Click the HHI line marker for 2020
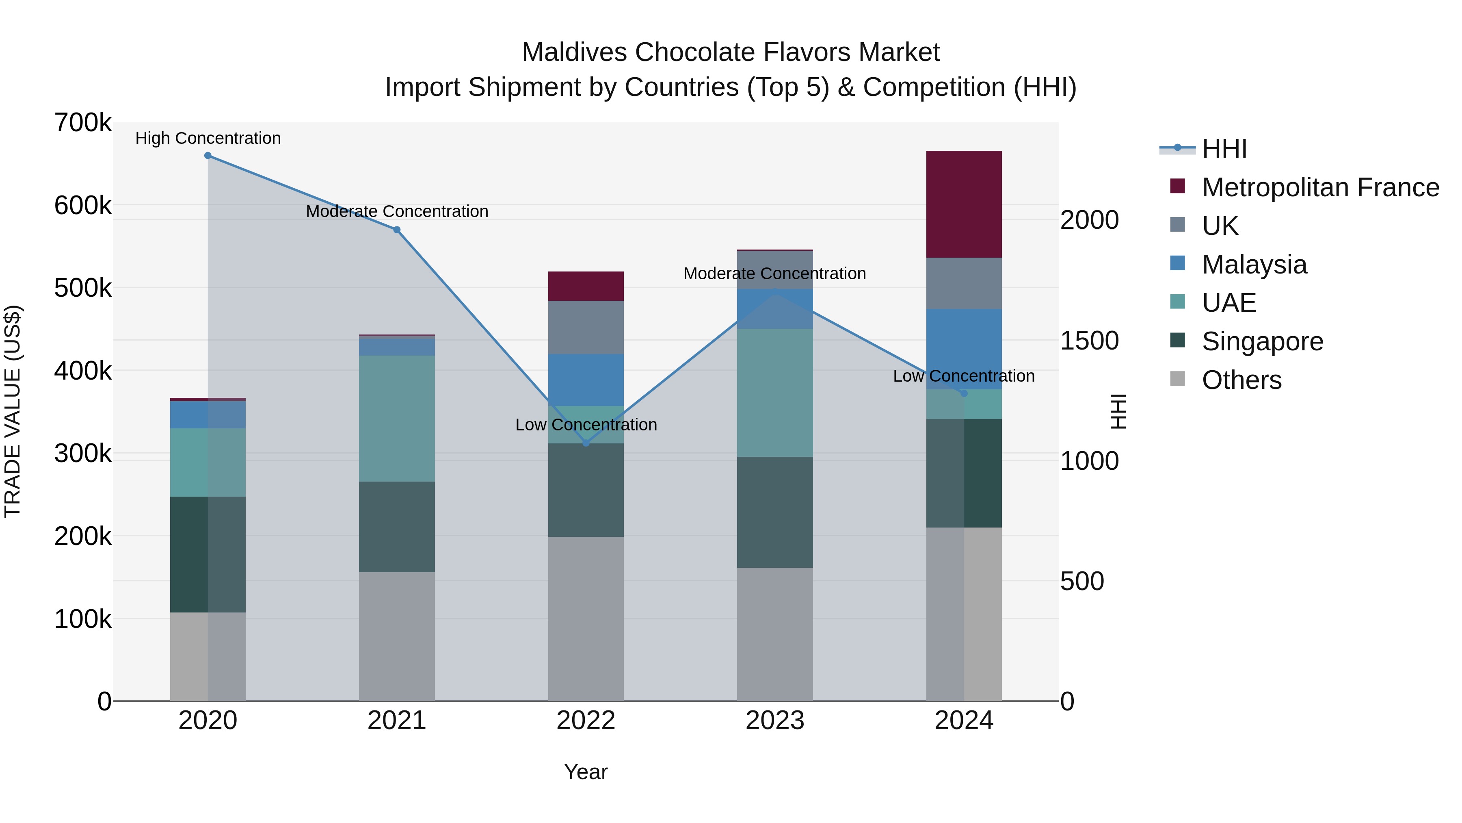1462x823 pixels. [208, 156]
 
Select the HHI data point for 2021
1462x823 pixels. [397, 230]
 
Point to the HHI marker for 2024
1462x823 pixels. [964, 393]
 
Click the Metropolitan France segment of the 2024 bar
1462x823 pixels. [964, 204]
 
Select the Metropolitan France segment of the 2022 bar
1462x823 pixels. [586, 286]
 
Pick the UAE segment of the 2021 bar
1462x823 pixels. [397, 419]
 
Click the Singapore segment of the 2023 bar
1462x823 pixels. [775, 512]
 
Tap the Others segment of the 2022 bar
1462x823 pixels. [586, 619]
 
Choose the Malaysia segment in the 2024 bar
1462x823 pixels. [964, 349]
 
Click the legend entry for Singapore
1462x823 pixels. [1262, 341]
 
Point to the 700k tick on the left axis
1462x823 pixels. [83, 123]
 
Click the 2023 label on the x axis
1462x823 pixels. [775, 721]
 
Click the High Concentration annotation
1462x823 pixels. [208, 139]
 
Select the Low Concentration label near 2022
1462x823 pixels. [586, 425]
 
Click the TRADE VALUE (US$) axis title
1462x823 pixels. [13, 411]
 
